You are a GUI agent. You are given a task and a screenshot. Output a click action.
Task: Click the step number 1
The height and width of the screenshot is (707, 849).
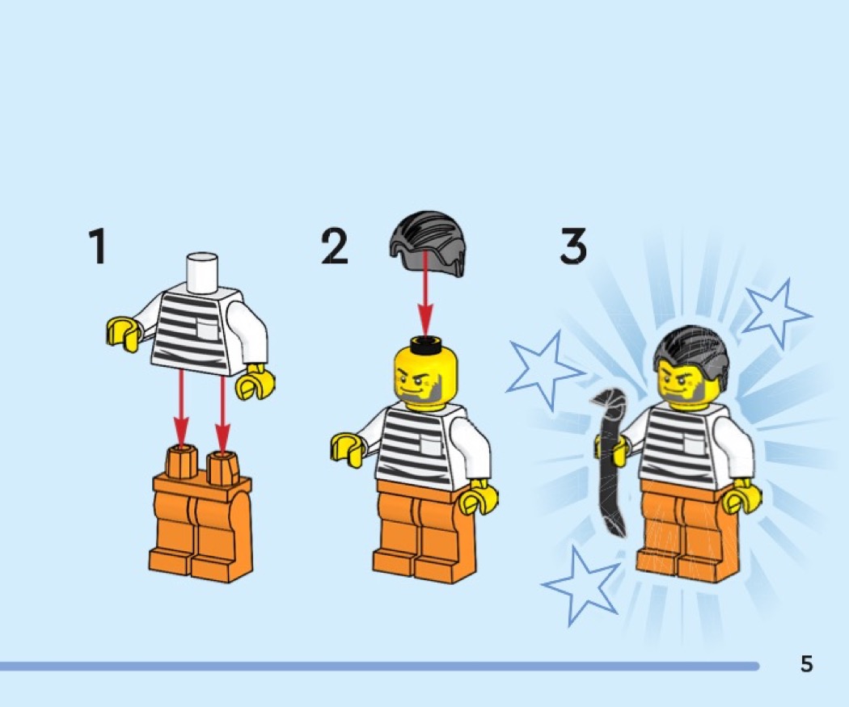tap(98, 246)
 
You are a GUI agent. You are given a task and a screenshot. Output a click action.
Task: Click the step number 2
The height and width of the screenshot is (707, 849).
tap(334, 246)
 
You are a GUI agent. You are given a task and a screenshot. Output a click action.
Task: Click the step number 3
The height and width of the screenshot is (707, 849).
tap(572, 246)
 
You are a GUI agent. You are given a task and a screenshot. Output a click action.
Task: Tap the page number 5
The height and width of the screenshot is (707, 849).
tap(807, 663)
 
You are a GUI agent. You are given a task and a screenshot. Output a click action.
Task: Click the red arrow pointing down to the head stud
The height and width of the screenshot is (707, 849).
tap(425, 295)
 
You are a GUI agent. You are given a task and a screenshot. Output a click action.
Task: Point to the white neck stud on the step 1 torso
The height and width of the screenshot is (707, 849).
tap(202, 273)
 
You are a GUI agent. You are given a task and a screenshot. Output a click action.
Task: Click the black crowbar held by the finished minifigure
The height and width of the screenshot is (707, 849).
tap(610, 460)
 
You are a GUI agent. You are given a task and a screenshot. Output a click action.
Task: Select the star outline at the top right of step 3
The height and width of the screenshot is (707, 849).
tap(775, 313)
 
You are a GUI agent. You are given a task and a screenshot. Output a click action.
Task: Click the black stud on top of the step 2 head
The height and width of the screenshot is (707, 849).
tap(427, 343)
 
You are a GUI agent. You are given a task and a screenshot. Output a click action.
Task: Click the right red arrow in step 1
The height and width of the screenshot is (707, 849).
tap(222, 412)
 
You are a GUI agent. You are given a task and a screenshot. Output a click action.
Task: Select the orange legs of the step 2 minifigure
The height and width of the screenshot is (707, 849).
tap(425, 532)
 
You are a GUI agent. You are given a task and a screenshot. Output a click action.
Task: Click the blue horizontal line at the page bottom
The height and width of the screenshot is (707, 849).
tap(379, 666)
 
